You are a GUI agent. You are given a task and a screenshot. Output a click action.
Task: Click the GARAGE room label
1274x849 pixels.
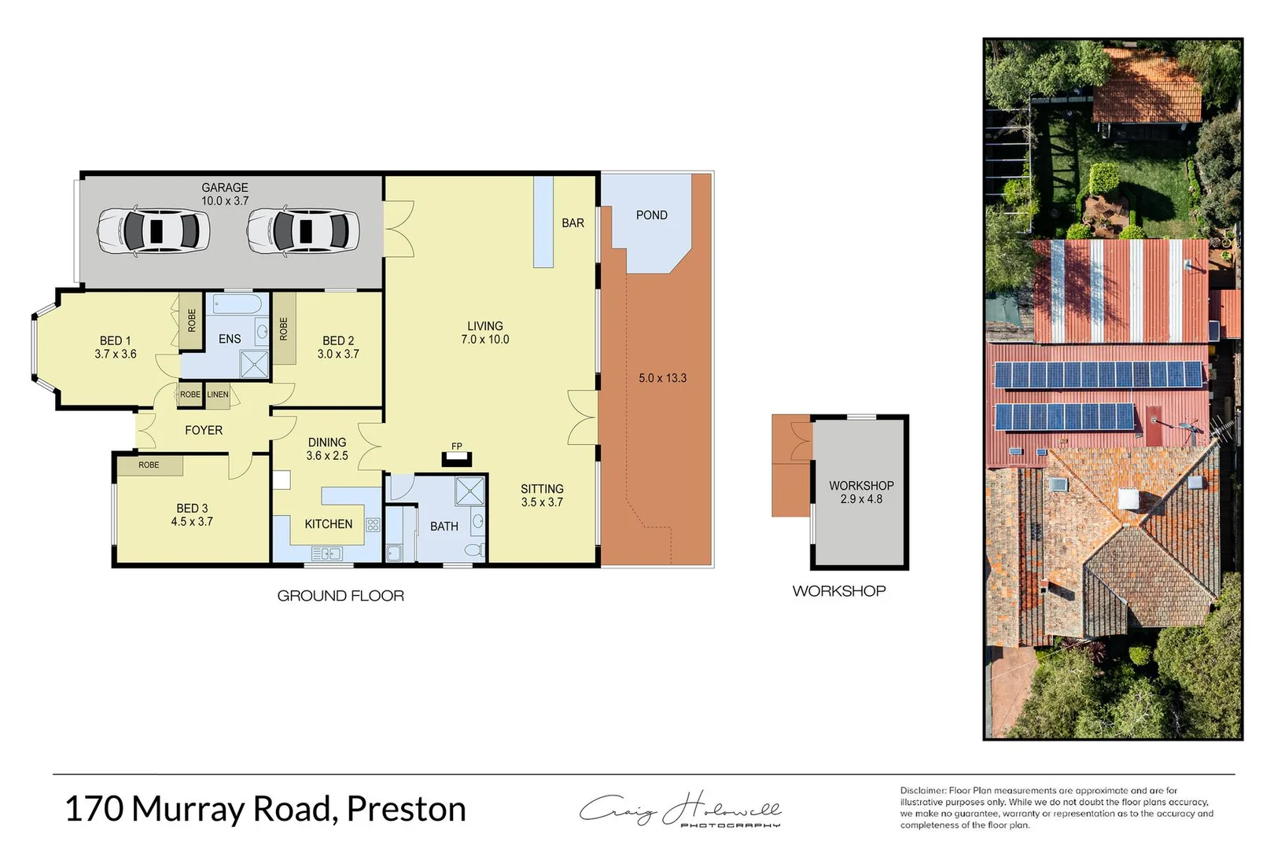[x=225, y=188]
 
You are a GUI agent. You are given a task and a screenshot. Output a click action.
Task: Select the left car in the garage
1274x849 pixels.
[x=153, y=231]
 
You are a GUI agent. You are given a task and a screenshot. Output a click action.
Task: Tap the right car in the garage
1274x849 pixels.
[x=303, y=231]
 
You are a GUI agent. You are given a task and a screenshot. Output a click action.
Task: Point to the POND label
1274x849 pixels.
[x=651, y=215]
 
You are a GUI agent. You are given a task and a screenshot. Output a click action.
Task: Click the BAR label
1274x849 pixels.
[x=573, y=223]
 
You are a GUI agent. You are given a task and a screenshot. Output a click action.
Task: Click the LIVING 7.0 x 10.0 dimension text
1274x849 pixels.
[x=485, y=340]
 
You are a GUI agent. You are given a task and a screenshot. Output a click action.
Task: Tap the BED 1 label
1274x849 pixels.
[x=116, y=340]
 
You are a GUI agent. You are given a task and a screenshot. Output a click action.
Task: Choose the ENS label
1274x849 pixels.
[x=230, y=339]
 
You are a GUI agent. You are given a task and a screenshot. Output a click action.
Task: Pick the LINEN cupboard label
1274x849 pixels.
[x=218, y=395]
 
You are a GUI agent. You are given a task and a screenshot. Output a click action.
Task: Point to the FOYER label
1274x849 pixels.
[x=204, y=430]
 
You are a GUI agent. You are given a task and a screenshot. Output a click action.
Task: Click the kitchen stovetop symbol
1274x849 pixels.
[x=373, y=524]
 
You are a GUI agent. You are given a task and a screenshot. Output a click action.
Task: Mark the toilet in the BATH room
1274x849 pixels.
[x=475, y=549]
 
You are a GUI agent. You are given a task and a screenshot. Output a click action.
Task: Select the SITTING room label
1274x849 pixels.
[x=542, y=489]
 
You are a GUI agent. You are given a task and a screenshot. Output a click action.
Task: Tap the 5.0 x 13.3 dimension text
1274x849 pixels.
[x=662, y=378]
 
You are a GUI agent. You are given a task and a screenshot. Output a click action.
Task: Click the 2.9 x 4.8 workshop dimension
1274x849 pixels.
[x=861, y=499]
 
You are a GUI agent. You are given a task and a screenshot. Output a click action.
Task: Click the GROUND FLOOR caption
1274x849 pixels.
[x=341, y=596]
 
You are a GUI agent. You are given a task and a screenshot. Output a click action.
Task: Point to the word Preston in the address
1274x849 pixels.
[x=406, y=809]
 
